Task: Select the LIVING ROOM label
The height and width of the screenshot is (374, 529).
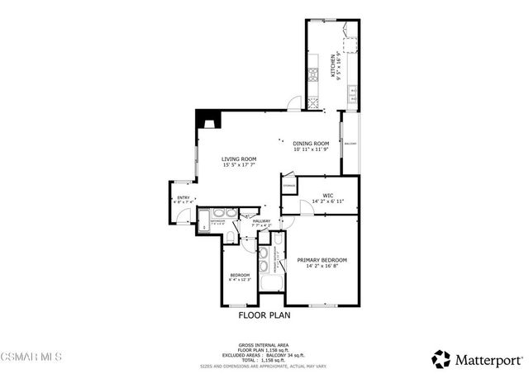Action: click(x=239, y=159)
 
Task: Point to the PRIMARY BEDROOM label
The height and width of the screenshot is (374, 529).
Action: click(x=322, y=260)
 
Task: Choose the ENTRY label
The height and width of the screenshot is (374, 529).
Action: click(x=183, y=197)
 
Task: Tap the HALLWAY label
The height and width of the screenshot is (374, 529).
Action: click(x=261, y=220)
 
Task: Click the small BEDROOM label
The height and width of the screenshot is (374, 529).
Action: click(x=240, y=275)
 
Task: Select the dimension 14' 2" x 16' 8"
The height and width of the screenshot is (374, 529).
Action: click(x=322, y=266)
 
